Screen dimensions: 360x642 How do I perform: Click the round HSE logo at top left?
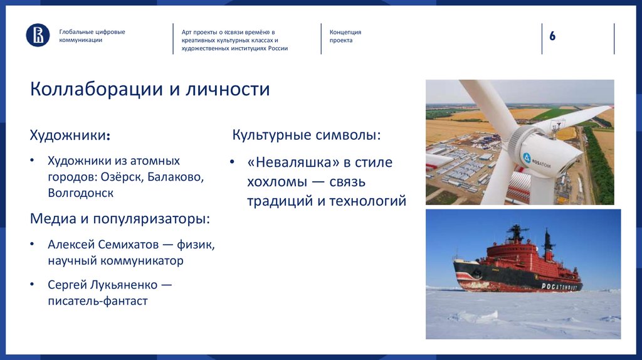(38, 35)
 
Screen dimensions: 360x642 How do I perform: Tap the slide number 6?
(552, 36)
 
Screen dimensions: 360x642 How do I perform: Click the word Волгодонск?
(80, 193)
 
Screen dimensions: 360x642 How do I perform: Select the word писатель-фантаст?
(98, 301)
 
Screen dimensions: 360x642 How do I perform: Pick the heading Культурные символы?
(307, 135)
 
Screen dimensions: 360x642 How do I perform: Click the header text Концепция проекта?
(345, 36)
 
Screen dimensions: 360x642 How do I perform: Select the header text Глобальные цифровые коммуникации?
(92, 36)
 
